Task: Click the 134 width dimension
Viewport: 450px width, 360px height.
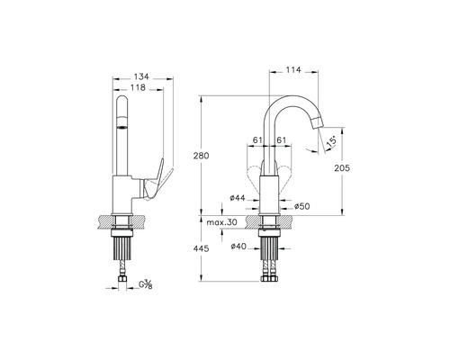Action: click(x=141, y=76)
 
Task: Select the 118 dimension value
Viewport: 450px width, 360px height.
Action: click(x=138, y=87)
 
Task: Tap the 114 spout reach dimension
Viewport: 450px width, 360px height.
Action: click(x=293, y=70)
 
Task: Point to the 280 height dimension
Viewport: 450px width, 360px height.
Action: click(x=201, y=156)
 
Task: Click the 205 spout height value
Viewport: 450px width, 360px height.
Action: click(x=342, y=168)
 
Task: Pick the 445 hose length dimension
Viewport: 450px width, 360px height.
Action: click(x=201, y=248)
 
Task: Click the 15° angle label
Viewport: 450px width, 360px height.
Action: click(x=331, y=141)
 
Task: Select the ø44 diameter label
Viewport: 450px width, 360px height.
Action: click(x=238, y=198)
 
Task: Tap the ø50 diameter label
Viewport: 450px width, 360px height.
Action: click(x=301, y=206)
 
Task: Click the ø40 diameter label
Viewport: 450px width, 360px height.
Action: click(x=238, y=247)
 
